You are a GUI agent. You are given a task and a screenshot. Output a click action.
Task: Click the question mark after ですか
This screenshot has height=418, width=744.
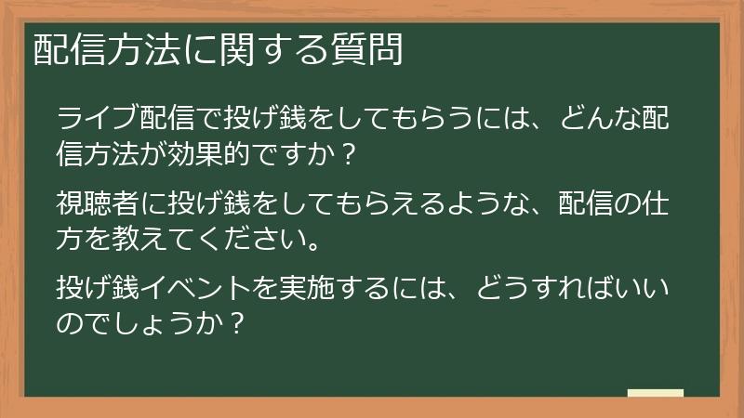click(x=348, y=154)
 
